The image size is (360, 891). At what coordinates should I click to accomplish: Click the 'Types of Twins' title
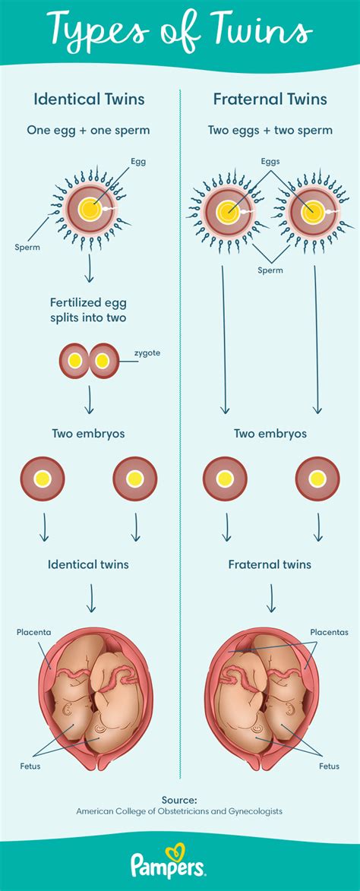(x=180, y=33)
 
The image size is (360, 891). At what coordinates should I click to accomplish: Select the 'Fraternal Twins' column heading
(x=270, y=100)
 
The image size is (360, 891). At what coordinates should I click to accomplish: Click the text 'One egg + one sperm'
(x=88, y=130)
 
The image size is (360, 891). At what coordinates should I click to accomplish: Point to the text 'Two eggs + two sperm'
(x=270, y=130)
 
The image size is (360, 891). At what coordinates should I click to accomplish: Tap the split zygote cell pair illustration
(x=90, y=361)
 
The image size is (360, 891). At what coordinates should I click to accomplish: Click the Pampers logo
(x=180, y=864)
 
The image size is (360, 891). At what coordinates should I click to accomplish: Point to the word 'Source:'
(x=179, y=799)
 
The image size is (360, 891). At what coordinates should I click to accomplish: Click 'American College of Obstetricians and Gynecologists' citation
(x=179, y=811)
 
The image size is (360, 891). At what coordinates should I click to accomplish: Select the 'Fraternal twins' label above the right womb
(x=270, y=564)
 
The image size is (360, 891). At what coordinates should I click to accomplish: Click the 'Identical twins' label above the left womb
(x=88, y=564)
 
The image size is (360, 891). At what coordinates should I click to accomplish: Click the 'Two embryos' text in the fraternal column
(x=270, y=433)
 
